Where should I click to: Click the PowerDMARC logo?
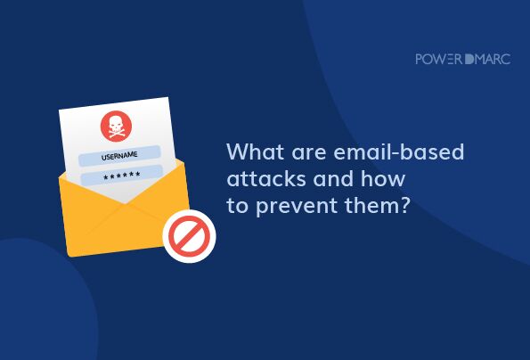462,59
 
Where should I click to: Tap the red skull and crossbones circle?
116,126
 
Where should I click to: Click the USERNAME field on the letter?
119,156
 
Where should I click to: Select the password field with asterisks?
122,176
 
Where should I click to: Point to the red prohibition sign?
189,236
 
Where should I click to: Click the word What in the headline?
255,151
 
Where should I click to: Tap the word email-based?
399,151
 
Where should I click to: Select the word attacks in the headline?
266,178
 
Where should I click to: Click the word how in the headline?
383,178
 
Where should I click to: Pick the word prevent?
297,206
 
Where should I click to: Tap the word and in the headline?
334,178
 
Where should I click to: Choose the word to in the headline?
237,206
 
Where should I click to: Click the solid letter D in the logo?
469,59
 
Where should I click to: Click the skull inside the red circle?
116,125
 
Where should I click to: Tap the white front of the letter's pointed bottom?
126,195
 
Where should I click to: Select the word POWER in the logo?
439,59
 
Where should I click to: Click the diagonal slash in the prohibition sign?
189,236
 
